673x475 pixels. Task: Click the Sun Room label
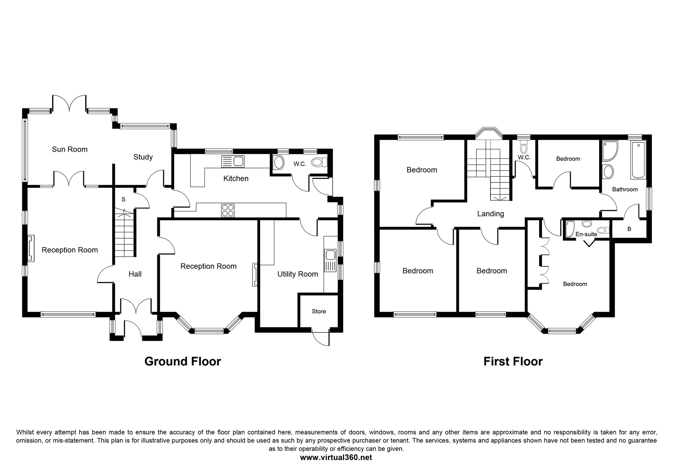point(70,149)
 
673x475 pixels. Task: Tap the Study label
point(143,157)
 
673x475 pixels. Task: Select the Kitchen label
point(236,179)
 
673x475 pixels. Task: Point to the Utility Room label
point(298,274)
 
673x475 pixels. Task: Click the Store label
point(319,311)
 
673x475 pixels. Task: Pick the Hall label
point(135,274)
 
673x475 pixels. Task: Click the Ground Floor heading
point(183,361)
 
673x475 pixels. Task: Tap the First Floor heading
point(513,361)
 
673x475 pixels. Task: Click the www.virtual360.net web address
point(336,457)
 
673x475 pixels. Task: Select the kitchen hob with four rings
point(228,210)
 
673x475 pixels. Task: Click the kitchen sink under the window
point(233,162)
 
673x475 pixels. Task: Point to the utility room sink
point(330,261)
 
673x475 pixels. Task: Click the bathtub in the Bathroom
point(638,160)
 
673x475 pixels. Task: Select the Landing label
point(491,214)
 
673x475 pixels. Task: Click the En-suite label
point(586,234)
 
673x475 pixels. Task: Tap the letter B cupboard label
point(629,229)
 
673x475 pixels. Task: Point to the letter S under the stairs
point(124,200)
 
